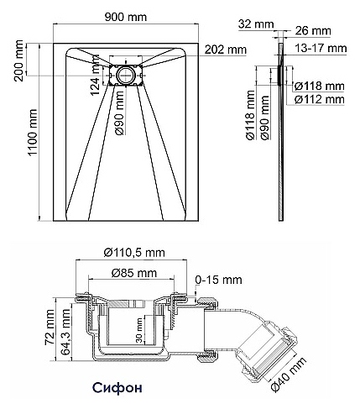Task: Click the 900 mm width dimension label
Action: pyautogui.click(x=126, y=17)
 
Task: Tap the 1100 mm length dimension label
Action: pyautogui.click(x=33, y=133)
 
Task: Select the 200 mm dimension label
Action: pyautogui.click(x=19, y=60)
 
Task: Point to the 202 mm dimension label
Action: pyautogui.click(x=226, y=50)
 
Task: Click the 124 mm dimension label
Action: pyautogui.click(x=95, y=75)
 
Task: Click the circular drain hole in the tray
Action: pyautogui.click(x=126, y=75)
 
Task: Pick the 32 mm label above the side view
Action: pyautogui.click(x=256, y=24)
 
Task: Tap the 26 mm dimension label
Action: pyautogui.click(x=313, y=30)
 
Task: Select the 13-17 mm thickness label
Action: pyautogui.click(x=321, y=48)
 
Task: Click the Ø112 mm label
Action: pyautogui.click(x=319, y=99)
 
